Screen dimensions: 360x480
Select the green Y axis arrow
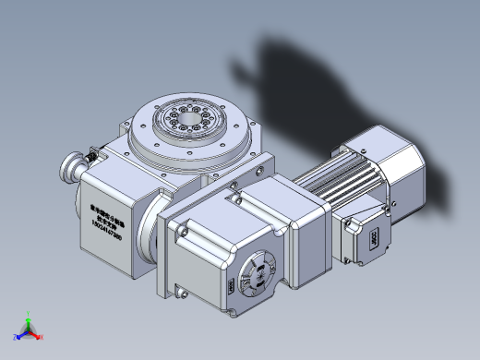coord(29,316)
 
